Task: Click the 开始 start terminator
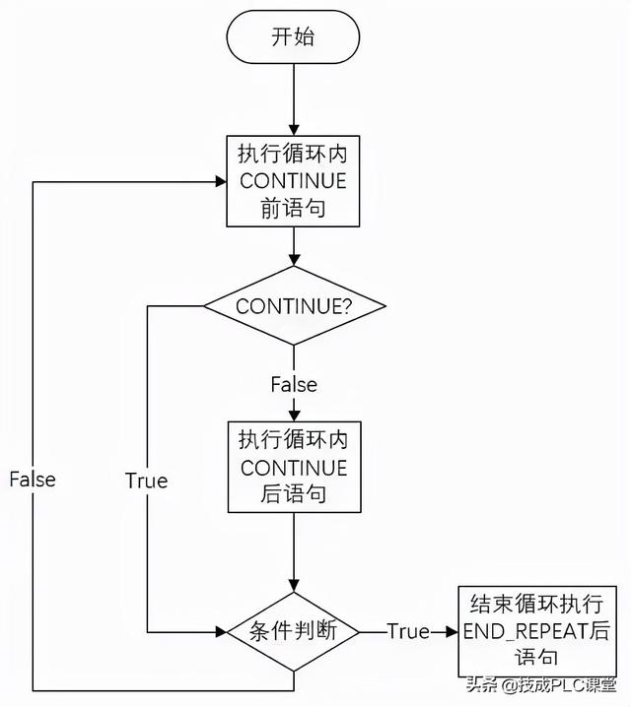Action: click(x=293, y=37)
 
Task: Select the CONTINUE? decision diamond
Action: click(x=294, y=306)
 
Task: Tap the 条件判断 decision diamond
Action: click(x=294, y=631)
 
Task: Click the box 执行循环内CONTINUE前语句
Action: click(x=294, y=181)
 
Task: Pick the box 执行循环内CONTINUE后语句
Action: click(x=294, y=467)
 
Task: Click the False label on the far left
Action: click(x=33, y=480)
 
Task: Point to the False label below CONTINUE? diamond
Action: click(x=294, y=384)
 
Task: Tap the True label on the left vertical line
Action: click(x=146, y=481)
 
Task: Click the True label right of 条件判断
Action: click(x=407, y=631)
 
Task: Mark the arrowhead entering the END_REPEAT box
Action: click(x=453, y=631)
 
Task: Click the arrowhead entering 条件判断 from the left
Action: click(x=221, y=631)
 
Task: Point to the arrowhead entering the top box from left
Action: click(x=222, y=181)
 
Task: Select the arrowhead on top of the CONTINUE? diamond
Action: click(x=294, y=261)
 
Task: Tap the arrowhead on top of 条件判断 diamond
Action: click(x=294, y=587)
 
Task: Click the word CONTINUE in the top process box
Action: click(x=294, y=181)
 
